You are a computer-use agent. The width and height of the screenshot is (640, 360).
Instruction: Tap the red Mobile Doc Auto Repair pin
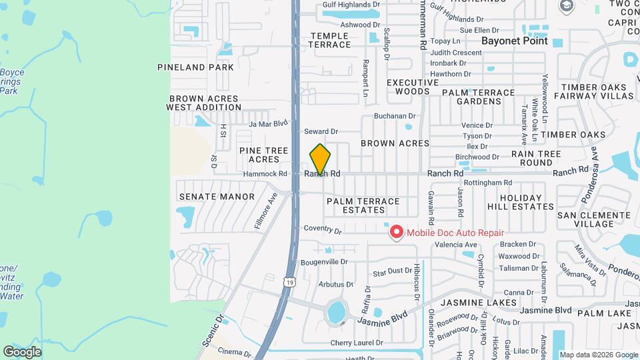pyautogui.click(x=397, y=232)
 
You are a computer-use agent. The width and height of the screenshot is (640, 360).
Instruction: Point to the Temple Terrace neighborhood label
pyautogui.click(x=329, y=40)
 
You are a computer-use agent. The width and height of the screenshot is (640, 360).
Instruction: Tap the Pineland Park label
pyautogui.click(x=195, y=67)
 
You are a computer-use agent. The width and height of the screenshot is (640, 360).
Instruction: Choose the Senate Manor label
pyautogui.click(x=207, y=197)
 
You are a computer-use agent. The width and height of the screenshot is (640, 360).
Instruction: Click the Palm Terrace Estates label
pyautogui.click(x=363, y=205)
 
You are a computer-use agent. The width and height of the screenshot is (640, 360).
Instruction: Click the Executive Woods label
pyautogui.click(x=412, y=87)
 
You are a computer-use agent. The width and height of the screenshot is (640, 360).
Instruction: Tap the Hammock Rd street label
pyautogui.click(x=265, y=173)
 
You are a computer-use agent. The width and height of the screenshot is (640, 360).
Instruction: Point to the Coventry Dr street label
pyautogui.click(x=323, y=229)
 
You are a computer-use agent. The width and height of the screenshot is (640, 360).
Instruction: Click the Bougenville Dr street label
pyautogui.click(x=324, y=262)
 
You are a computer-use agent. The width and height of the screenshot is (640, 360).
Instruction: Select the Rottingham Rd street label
pyautogui.click(x=489, y=183)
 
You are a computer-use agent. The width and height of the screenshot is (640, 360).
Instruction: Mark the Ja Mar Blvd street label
pyautogui.click(x=267, y=123)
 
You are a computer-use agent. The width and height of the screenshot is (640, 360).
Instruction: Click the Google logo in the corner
pyautogui.click(x=22, y=351)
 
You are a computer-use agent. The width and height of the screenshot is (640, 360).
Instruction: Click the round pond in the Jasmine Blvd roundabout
pyautogui.click(x=337, y=311)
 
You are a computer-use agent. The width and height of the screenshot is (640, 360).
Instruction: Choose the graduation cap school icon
pyautogui.click(x=567, y=7)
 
